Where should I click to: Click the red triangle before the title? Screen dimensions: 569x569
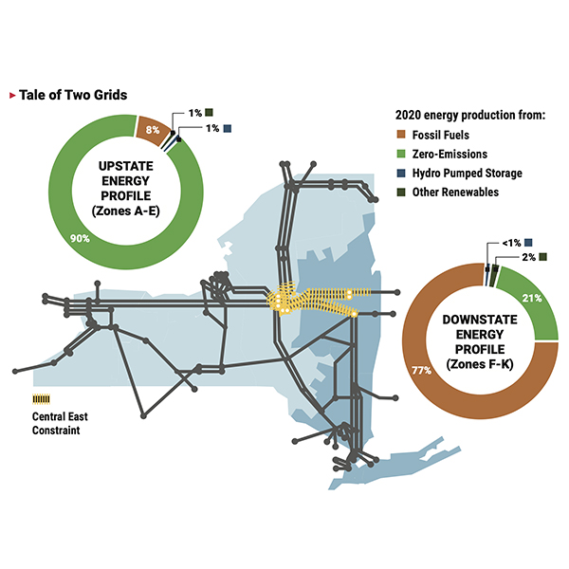click(11, 95)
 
